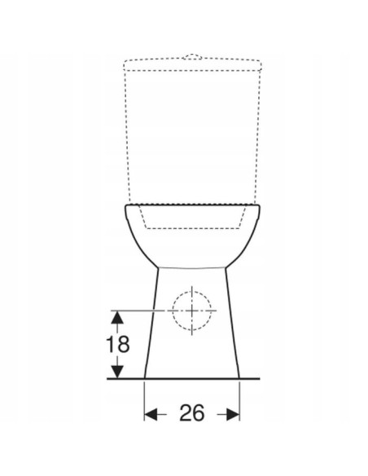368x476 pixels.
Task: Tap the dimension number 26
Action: [x=192, y=413]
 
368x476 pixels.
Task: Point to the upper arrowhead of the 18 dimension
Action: [x=119, y=315]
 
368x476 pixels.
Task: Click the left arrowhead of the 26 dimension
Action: [x=150, y=414]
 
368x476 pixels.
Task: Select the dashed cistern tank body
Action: [x=191, y=130]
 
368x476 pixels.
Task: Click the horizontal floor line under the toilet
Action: [x=191, y=378]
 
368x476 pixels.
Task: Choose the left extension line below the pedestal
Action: [x=145, y=399]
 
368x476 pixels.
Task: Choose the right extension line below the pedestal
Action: [x=240, y=399]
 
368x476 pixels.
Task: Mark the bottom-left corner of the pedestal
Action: [x=145, y=378]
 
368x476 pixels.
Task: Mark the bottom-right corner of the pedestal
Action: [x=240, y=378]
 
